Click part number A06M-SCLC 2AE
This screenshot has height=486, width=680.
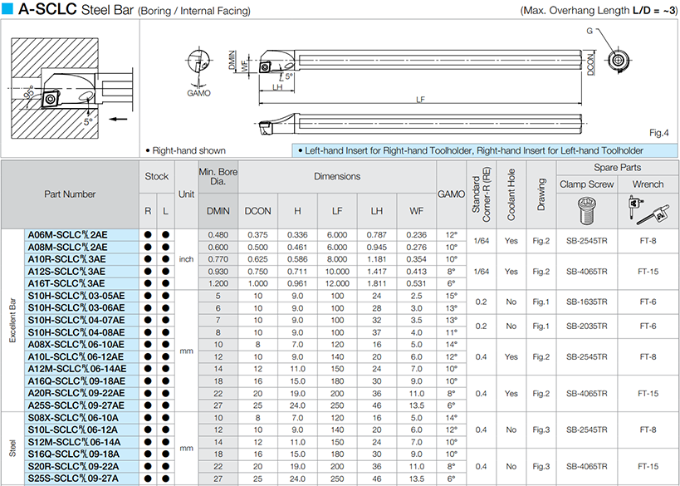point(67,235)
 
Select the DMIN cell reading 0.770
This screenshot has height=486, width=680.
point(218,259)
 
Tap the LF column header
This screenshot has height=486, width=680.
point(337,211)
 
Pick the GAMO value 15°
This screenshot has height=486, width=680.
point(451,296)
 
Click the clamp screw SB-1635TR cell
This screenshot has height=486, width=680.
point(586,302)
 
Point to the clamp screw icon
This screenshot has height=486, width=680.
point(587,210)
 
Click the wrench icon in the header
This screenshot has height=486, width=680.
point(648,210)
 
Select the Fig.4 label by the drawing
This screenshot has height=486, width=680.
point(658,133)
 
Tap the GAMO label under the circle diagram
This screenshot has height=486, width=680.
point(198,93)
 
